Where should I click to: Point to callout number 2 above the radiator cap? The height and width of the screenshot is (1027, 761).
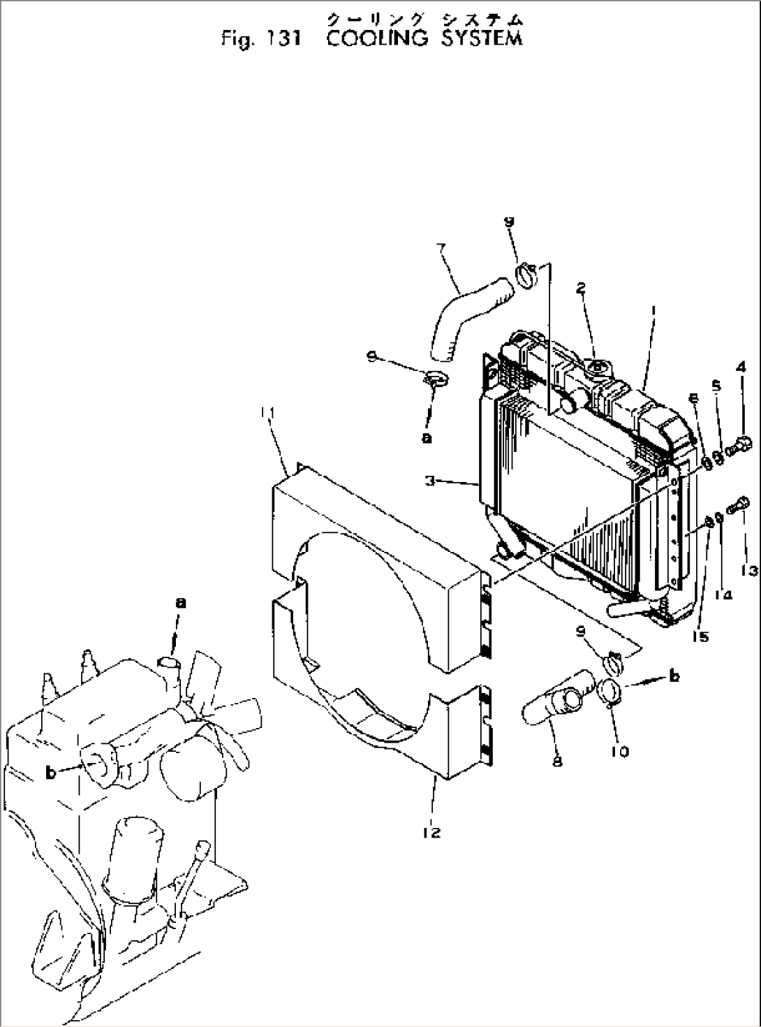(580, 289)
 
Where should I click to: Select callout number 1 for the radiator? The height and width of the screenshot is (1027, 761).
(651, 307)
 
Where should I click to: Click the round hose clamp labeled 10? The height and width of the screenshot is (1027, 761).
(612, 692)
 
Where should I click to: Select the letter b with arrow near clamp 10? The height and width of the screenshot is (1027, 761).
(674, 676)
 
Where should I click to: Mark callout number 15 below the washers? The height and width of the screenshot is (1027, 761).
(701, 636)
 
